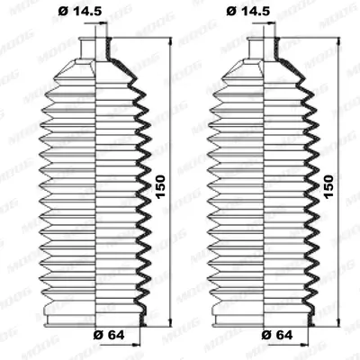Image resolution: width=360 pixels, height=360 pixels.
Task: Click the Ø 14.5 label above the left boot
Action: (x=80, y=11)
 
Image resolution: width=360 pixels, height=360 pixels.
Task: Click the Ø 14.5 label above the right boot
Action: (x=248, y=11)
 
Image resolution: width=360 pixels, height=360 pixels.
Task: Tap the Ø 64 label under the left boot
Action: (x=109, y=335)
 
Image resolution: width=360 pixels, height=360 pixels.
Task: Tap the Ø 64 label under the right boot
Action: (x=277, y=335)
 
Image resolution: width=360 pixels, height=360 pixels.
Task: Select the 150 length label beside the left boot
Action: (x=160, y=186)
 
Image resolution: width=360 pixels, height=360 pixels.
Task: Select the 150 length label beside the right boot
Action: (x=328, y=186)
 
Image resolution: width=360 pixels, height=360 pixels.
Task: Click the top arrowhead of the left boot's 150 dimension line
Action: (x=171, y=42)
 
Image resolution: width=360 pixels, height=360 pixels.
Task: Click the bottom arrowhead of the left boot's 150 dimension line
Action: (x=171, y=321)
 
